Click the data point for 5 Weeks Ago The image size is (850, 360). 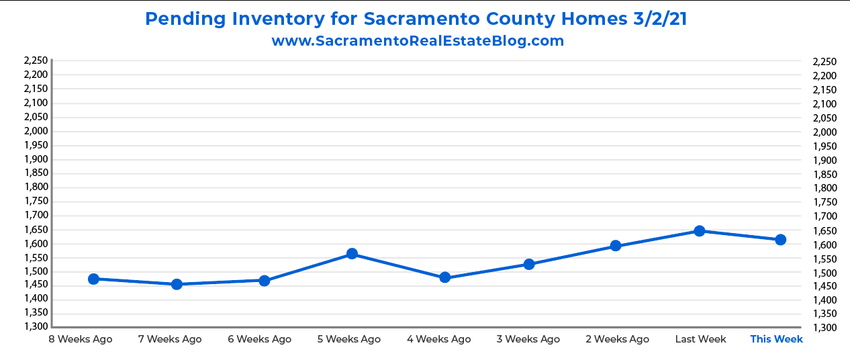pyautogui.click(x=352, y=254)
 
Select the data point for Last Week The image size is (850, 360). pyautogui.click(x=699, y=231)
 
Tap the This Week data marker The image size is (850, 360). pyautogui.click(x=780, y=240)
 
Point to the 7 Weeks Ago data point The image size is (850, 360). pyautogui.click(x=177, y=284)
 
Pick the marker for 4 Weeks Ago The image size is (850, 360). pyautogui.click(x=444, y=277)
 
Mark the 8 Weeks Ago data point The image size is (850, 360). pyautogui.click(x=93, y=279)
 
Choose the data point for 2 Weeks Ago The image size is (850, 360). pyautogui.click(x=615, y=246)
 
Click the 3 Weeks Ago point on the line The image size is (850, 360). pyautogui.click(x=529, y=264)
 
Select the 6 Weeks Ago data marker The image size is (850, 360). pyautogui.click(x=265, y=280)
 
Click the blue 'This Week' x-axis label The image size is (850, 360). pyautogui.click(x=776, y=339)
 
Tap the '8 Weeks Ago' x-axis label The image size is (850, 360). pyautogui.click(x=81, y=339)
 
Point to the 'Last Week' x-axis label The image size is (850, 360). pyautogui.click(x=700, y=339)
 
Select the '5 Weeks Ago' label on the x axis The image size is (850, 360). pyautogui.click(x=349, y=339)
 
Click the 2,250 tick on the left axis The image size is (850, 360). pyautogui.click(x=36, y=60)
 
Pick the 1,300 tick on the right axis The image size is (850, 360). pyautogui.click(x=824, y=328)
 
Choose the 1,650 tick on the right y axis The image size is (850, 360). pyautogui.click(x=824, y=230)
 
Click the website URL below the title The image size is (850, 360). pyautogui.click(x=418, y=41)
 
